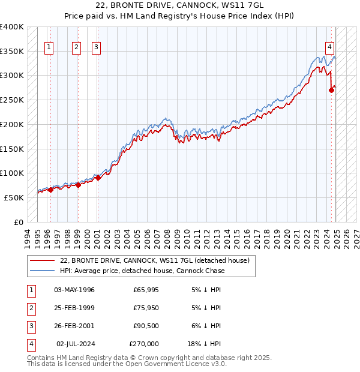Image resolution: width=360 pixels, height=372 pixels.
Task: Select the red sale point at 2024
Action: click(x=331, y=91)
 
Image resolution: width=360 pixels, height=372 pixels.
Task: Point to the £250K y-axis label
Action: click(x=12, y=100)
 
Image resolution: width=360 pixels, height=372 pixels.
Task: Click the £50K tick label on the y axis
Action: click(x=14, y=197)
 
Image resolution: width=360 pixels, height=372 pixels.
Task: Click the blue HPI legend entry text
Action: click(x=142, y=271)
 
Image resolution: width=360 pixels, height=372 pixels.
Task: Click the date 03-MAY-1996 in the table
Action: click(x=74, y=290)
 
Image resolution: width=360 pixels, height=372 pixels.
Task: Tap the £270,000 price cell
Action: click(x=144, y=344)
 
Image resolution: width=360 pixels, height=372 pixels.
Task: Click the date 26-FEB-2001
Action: click(x=74, y=326)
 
